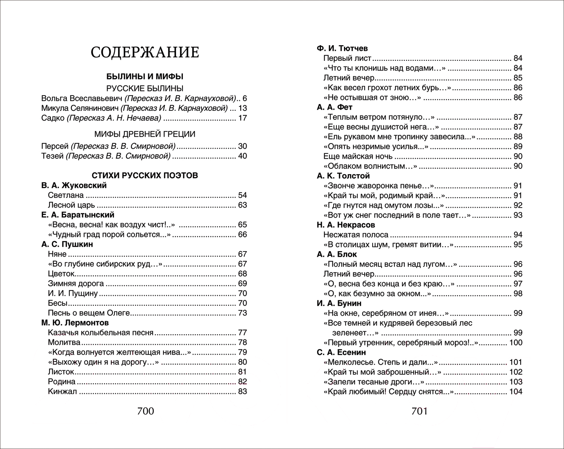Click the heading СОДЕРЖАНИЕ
(x=145, y=52)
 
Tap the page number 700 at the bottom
(x=145, y=411)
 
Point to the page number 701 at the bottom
(x=419, y=411)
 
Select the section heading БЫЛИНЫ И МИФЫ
(x=145, y=76)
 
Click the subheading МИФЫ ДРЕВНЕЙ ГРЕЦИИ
(x=145, y=134)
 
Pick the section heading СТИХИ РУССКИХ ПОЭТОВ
(x=145, y=175)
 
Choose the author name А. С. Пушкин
(x=67, y=244)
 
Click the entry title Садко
(x=53, y=118)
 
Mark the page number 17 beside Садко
(x=242, y=118)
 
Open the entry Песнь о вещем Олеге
(x=89, y=313)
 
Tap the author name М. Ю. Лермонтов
(x=75, y=323)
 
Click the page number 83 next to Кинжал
(x=242, y=391)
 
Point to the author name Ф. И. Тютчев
(x=342, y=48)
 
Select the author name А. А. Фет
(x=335, y=107)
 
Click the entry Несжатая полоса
(x=356, y=235)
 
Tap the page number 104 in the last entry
(x=516, y=391)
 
